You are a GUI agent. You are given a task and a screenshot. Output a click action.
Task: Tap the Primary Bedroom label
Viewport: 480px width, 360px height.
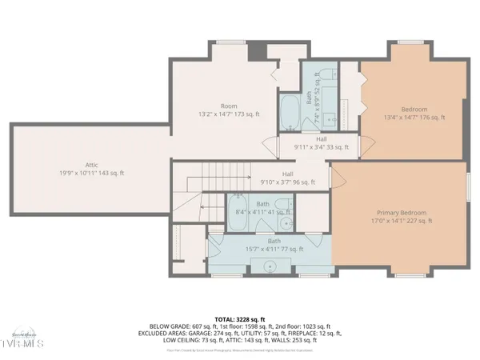coord(403,213)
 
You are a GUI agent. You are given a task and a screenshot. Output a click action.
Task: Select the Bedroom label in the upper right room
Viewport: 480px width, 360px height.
coord(414,109)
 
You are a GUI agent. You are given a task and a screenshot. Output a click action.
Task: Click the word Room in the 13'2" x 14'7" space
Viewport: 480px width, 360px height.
coord(230,106)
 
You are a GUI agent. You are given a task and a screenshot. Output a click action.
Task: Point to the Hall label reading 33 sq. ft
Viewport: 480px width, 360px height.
coord(299,138)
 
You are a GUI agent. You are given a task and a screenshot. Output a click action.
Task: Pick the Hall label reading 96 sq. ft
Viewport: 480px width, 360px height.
coord(287,174)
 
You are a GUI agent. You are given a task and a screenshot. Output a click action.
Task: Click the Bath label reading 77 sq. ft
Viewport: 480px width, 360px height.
coord(274,241)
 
